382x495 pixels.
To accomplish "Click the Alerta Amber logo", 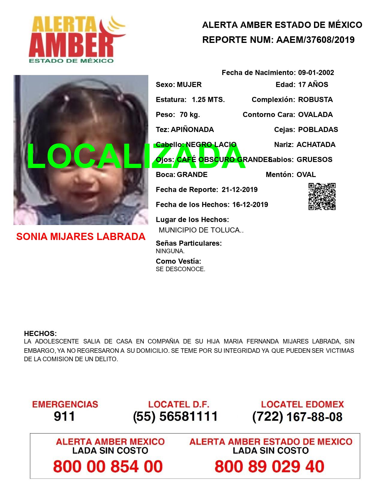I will tap(76, 39).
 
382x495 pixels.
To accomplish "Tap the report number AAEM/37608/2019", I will tap(315, 40).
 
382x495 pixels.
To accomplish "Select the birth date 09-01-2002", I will tap(316, 73).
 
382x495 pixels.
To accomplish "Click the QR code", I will tap(322, 196).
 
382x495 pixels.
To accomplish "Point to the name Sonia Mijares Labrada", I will tap(81, 237).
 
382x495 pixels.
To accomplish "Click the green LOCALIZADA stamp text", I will tap(136, 156).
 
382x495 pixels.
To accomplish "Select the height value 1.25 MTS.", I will tap(208, 100).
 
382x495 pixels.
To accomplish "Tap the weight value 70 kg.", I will tap(190, 115).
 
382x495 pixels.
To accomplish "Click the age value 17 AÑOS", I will tap(313, 85).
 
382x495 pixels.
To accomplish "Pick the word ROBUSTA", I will tap(315, 100).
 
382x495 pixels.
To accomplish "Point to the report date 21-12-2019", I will tap(239, 190).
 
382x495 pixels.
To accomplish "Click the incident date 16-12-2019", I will tap(250, 205).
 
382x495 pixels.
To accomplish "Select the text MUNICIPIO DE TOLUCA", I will tap(200, 230).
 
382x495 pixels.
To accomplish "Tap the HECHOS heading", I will tap(40, 334).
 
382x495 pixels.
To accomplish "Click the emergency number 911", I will tap(64, 416).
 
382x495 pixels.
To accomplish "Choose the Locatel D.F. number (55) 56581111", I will tap(175, 416).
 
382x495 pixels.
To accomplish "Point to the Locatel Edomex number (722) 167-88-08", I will tap(297, 416).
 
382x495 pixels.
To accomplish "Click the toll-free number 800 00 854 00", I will tap(108, 466).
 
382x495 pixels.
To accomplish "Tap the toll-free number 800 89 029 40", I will tap(269, 466).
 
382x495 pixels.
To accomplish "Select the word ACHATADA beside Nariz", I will tap(316, 145).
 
